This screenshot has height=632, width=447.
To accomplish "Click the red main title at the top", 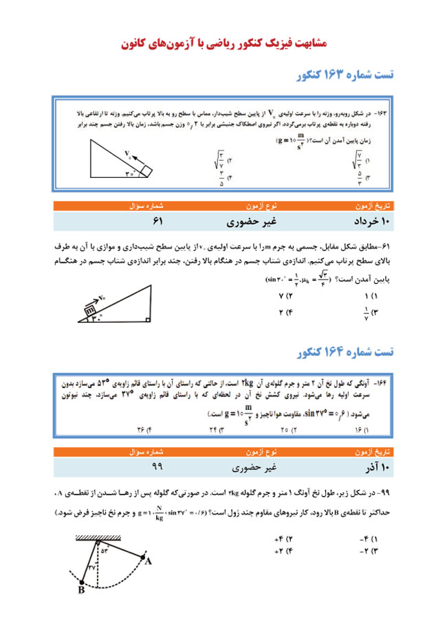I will click(223, 43).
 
